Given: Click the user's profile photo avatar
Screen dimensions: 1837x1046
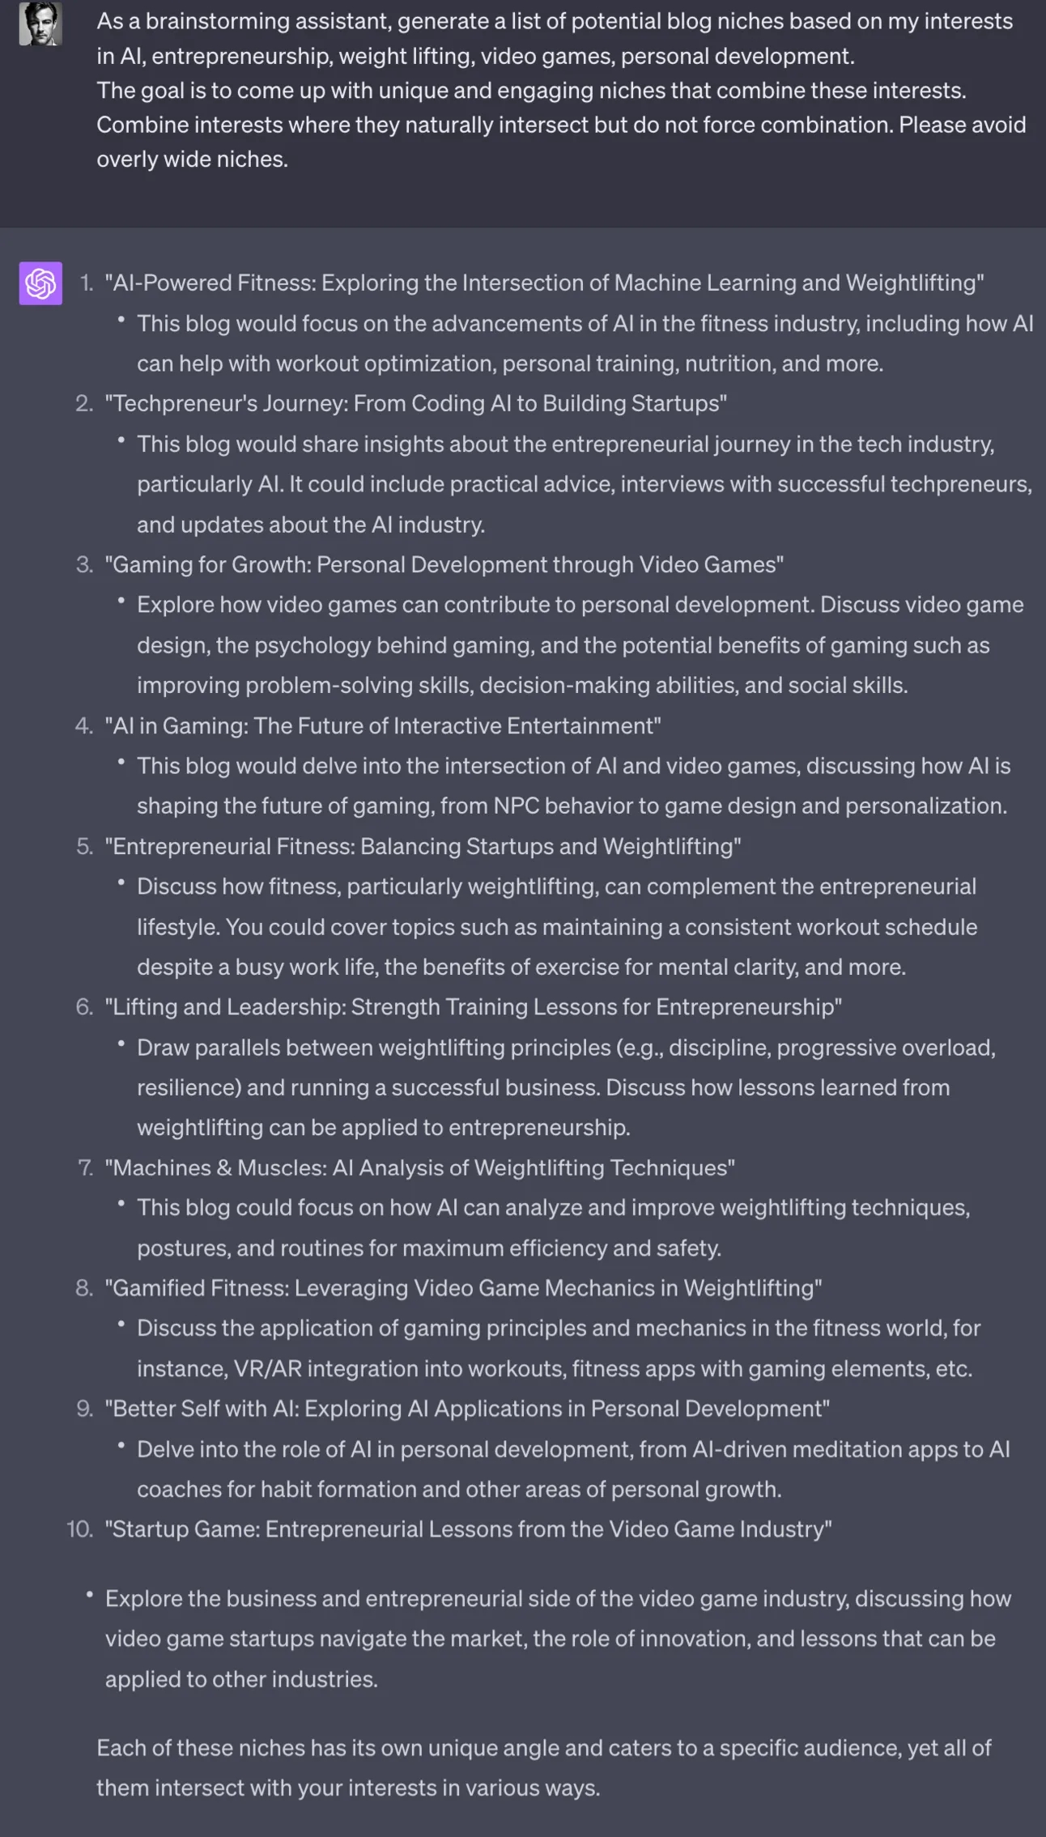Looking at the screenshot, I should pyautogui.click(x=40, y=24).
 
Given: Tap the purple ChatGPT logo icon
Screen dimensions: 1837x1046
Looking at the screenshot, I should pyautogui.click(x=40, y=283).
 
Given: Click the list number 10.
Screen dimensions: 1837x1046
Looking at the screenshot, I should pyautogui.click(x=79, y=1529).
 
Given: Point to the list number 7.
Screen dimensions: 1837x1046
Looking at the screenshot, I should pyautogui.click(x=85, y=1167).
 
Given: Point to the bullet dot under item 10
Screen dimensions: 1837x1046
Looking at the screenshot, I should pyautogui.click(x=89, y=1596).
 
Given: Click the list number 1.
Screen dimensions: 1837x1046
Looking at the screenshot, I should pyautogui.click(x=86, y=283).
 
